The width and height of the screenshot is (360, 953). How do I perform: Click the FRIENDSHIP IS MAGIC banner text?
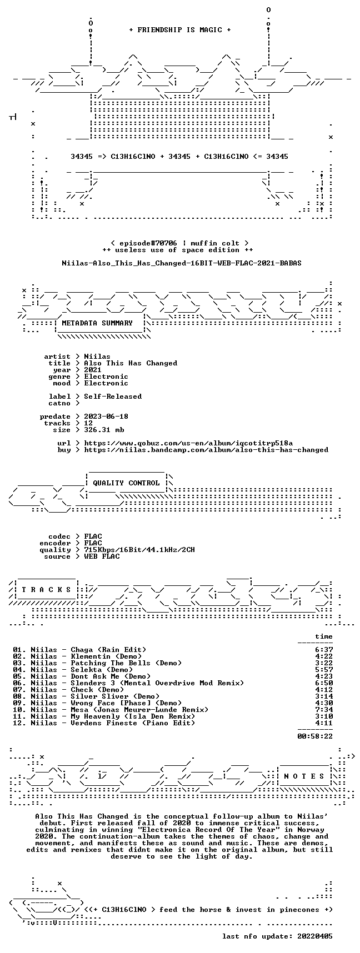(179, 30)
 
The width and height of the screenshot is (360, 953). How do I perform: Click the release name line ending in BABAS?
(182, 263)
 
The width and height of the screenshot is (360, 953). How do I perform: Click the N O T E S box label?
(304, 776)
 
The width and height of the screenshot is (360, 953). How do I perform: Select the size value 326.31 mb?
(104, 430)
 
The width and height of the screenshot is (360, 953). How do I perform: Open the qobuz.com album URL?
(188, 443)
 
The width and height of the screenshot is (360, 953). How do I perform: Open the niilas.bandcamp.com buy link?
(206, 450)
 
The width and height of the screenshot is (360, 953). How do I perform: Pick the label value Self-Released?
(113, 397)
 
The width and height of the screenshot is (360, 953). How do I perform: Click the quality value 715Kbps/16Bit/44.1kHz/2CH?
(139, 550)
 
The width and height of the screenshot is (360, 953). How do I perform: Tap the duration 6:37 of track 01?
(324, 650)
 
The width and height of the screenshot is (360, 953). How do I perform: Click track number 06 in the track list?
(17, 683)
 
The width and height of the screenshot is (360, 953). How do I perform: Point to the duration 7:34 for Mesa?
(324, 710)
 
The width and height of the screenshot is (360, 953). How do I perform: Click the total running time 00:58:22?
(315, 736)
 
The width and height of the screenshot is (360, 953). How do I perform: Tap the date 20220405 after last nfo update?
(315, 936)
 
